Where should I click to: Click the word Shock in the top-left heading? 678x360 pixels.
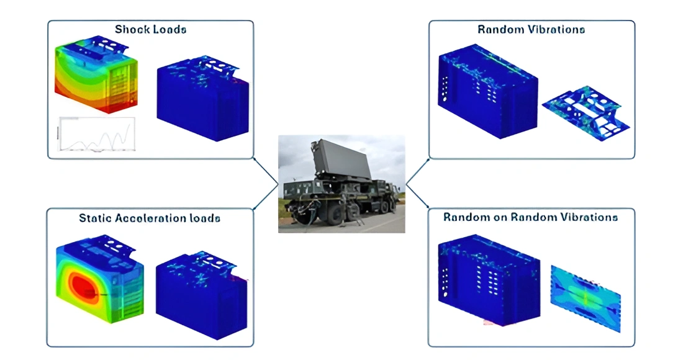129,29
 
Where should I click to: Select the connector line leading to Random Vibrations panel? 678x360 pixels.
417,171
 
